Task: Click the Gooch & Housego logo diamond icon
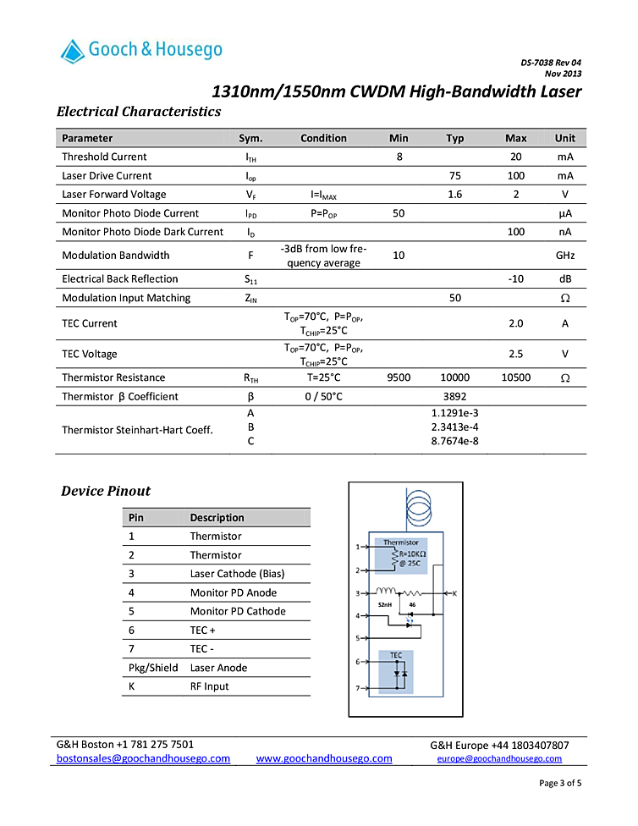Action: pyautogui.click(x=73, y=52)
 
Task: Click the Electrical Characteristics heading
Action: pyautogui.click(x=139, y=112)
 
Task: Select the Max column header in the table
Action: pyautogui.click(x=515, y=138)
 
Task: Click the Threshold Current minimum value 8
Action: pyautogui.click(x=399, y=157)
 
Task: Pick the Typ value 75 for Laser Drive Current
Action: pyautogui.click(x=455, y=176)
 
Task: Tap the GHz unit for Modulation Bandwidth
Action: pyautogui.click(x=565, y=256)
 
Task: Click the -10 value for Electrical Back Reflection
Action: pyautogui.click(x=515, y=279)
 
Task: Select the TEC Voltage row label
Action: pyautogui.click(x=90, y=354)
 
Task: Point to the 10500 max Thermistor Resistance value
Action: pyautogui.click(x=515, y=377)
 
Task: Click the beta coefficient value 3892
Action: pyautogui.click(x=455, y=396)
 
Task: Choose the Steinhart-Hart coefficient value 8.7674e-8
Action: pyautogui.click(x=455, y=441)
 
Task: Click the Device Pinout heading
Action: pyautogui.click(x=106, y=491)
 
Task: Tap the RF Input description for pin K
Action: pyautogui.click(x=210, y=686)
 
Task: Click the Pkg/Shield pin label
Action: pyautogui.click(x=153, y=668)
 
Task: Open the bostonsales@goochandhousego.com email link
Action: pyautogui.click(x=143, y=758)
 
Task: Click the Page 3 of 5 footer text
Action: pyautogui.click(x=560, y=783)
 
